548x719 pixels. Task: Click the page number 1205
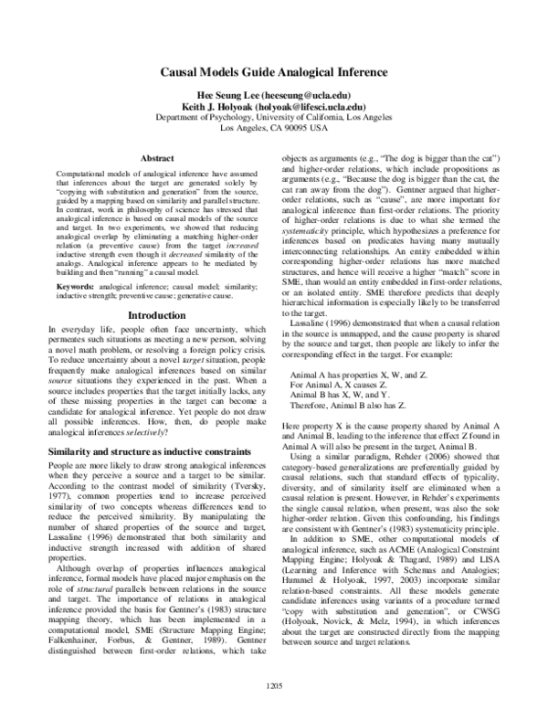coord(273,685)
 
